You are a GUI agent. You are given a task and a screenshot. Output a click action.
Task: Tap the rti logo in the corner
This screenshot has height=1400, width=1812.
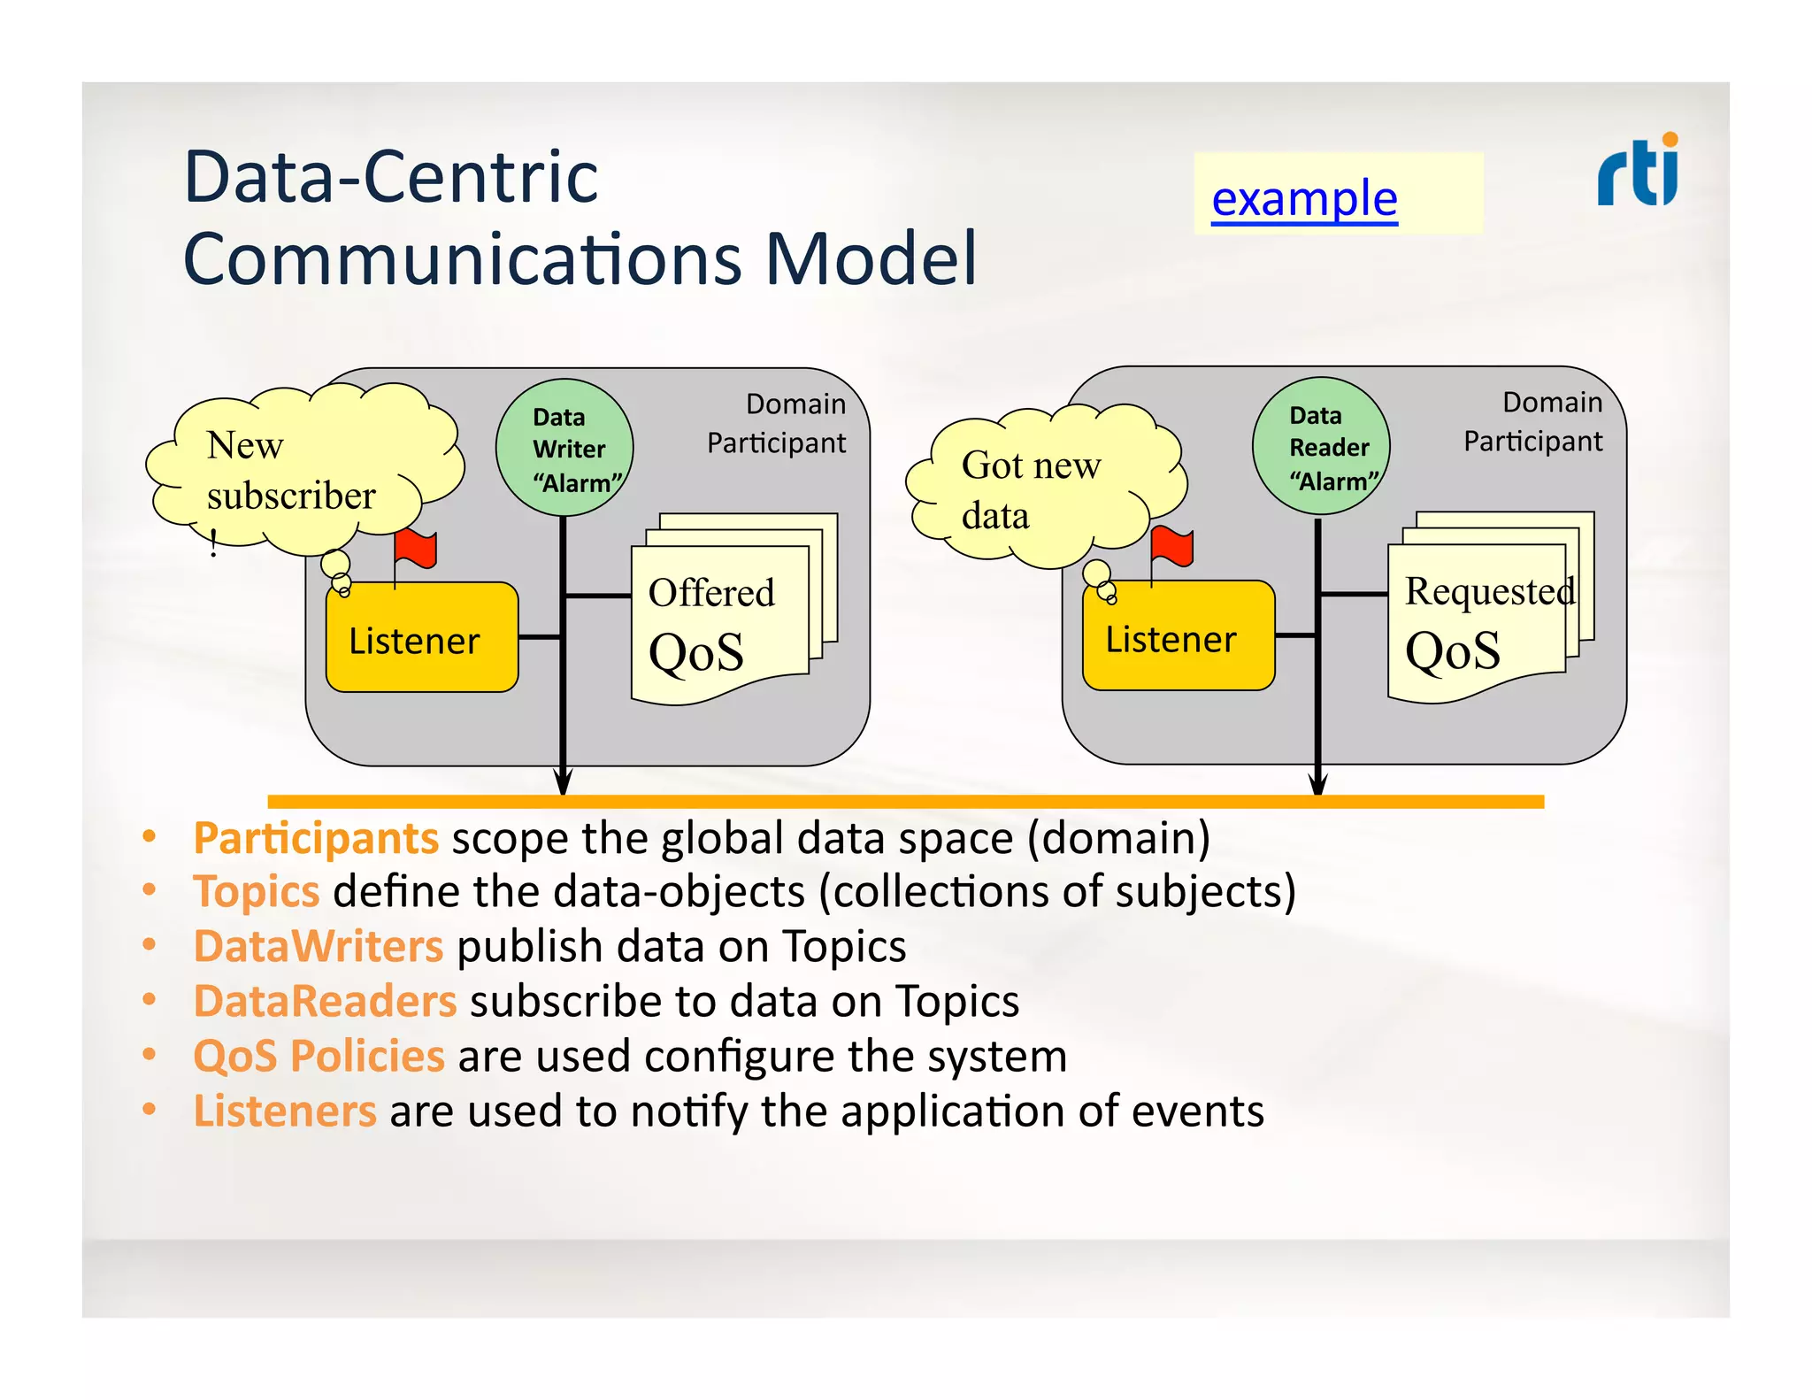(x=1638, y=171)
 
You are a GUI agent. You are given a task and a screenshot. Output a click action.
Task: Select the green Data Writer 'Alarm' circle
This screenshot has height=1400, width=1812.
(x=564, y=449)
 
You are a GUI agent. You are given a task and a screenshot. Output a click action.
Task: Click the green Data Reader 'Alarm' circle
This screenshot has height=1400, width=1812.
(x=1321, y=447)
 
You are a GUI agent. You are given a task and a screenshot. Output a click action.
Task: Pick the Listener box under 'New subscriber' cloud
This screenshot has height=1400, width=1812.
(x=422, y=638)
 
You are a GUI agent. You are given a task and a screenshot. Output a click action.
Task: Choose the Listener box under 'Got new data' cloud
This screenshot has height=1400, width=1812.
(x=1178, y=636)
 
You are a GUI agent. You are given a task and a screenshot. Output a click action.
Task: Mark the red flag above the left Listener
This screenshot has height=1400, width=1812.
(x=416, y=549)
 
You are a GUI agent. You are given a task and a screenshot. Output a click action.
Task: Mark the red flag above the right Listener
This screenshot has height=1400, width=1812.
(x=1172, y=547)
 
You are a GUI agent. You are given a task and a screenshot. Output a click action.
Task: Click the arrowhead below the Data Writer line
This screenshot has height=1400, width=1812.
(x=563, y=782)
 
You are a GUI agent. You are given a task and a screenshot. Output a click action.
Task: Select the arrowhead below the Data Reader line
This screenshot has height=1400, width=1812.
(x=1318, y=782)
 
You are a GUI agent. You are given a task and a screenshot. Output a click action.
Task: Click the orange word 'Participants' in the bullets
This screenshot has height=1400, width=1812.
(x=316, y=838)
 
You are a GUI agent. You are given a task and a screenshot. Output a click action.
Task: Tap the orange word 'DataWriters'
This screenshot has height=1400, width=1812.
(x=318, y=946)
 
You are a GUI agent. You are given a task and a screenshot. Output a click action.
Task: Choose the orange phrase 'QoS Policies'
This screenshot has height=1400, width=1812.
(x=319, y=1056)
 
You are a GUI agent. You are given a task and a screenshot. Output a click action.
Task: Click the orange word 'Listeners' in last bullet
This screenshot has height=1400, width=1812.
(x=285, y=1111)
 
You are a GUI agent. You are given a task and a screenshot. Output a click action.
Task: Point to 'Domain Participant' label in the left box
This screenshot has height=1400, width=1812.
(x=777, y=423)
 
